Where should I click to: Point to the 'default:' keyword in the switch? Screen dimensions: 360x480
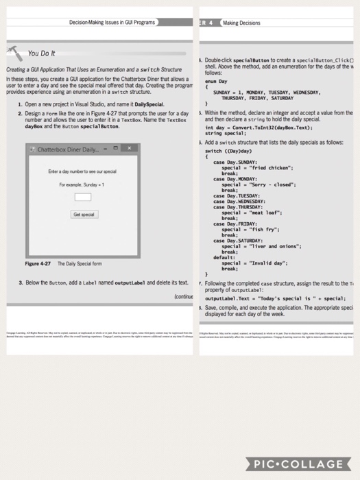click(x=225, y=256)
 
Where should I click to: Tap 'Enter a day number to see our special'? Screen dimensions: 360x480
click(x=82, y=170)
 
